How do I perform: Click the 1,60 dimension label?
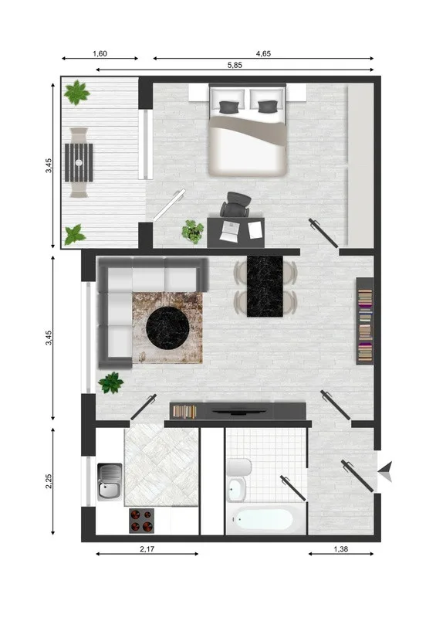[100, 53]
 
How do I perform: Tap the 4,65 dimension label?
[263, 53]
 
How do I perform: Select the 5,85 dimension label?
[235, 65]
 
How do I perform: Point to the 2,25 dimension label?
[49, 481]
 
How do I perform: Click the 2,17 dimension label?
[147, 548]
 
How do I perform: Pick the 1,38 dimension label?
[340, 548]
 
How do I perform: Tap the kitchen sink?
[110, 481]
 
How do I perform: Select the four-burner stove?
[142, 521]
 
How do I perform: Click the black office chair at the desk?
[236, 204]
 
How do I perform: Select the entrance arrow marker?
[386, 471]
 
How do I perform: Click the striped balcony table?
[79, 162]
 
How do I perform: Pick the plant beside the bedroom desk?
[193, 231]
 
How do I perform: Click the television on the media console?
[238, 412]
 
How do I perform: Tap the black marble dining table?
[265, 286]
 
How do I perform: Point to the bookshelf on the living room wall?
[365, 321]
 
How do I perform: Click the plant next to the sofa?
[111, 382]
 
